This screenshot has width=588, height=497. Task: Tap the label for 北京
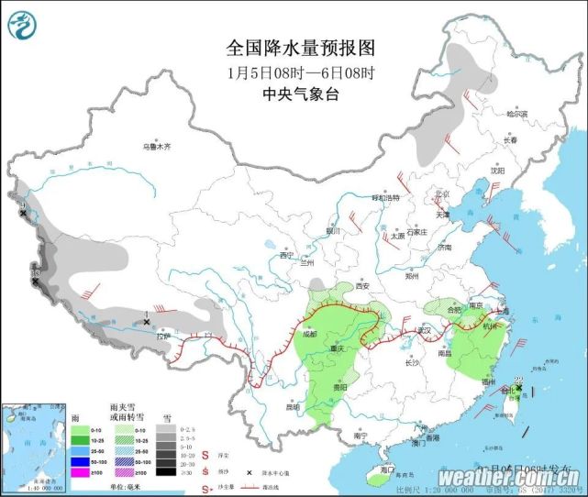point(444,194)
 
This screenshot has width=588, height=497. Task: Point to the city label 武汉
point(423,330)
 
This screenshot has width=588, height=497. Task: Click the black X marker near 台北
point(519,390)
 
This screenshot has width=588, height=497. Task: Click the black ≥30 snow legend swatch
point(164,472)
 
